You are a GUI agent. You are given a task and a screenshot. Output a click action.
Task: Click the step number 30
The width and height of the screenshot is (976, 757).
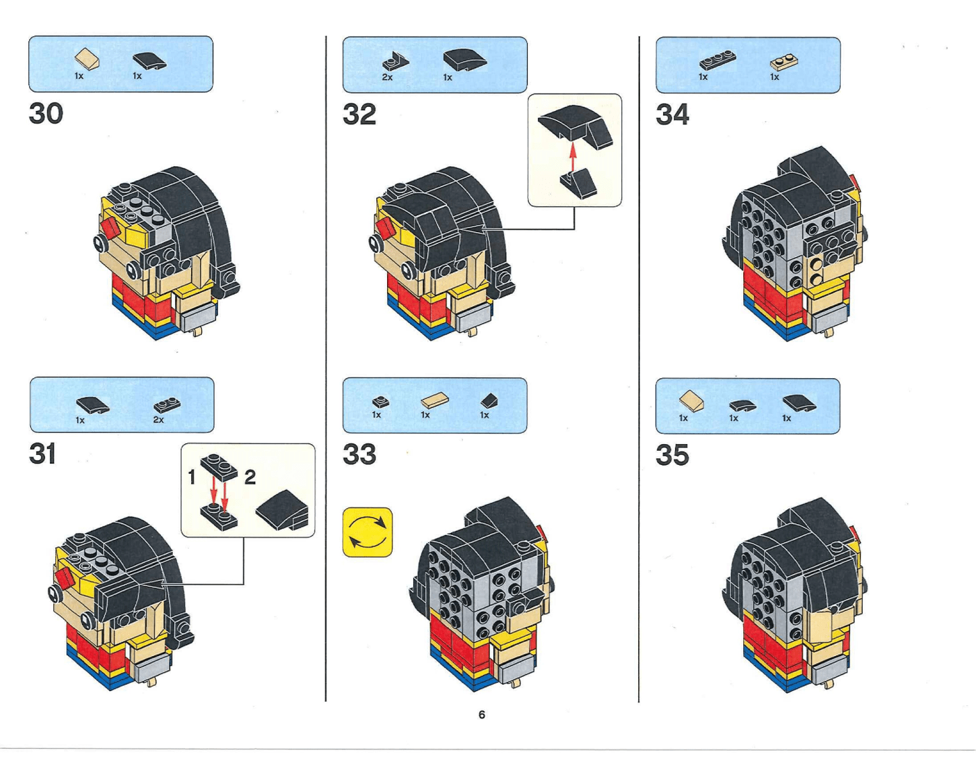(46, 114)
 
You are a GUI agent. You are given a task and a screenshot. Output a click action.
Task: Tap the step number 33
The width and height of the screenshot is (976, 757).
(359, 455)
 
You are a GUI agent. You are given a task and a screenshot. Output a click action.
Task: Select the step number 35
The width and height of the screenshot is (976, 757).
(672, 456)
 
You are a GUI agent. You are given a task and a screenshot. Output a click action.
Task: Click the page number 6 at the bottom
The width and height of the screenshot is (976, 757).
(481, 715)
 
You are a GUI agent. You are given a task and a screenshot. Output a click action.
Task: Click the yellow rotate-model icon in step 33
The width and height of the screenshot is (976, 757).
(368, 532)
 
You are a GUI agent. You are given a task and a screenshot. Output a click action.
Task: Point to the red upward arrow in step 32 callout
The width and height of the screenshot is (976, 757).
(573, 157)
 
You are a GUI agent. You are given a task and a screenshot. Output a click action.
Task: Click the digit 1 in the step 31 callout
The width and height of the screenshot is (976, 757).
(192, 477)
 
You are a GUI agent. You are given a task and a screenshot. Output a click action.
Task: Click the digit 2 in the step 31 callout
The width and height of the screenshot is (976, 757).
(250, 477)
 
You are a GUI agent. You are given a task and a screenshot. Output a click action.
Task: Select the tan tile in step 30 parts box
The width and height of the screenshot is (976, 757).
(88, 59)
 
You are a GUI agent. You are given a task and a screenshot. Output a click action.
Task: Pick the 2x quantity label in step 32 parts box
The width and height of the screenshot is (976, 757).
(387, 77)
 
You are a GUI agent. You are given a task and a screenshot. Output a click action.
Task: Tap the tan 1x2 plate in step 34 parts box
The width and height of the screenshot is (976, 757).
(784, 63)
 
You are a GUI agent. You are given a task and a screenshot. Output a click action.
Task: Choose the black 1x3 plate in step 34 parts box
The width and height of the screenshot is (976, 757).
(717, 61)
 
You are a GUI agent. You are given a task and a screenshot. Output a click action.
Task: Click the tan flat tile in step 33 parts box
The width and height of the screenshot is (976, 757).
(435, 401)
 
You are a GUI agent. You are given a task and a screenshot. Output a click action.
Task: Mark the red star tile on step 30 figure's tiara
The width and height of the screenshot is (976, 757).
(111, 227)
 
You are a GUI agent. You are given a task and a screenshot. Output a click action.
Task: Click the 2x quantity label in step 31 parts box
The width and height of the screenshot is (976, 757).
(158, 420)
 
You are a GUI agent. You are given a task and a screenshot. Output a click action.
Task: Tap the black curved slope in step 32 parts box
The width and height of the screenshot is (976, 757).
(464, 60)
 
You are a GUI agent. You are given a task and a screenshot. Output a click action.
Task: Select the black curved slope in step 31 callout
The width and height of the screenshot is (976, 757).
(283, 509)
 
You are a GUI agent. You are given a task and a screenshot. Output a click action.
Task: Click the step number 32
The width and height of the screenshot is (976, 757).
(359, 114)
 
